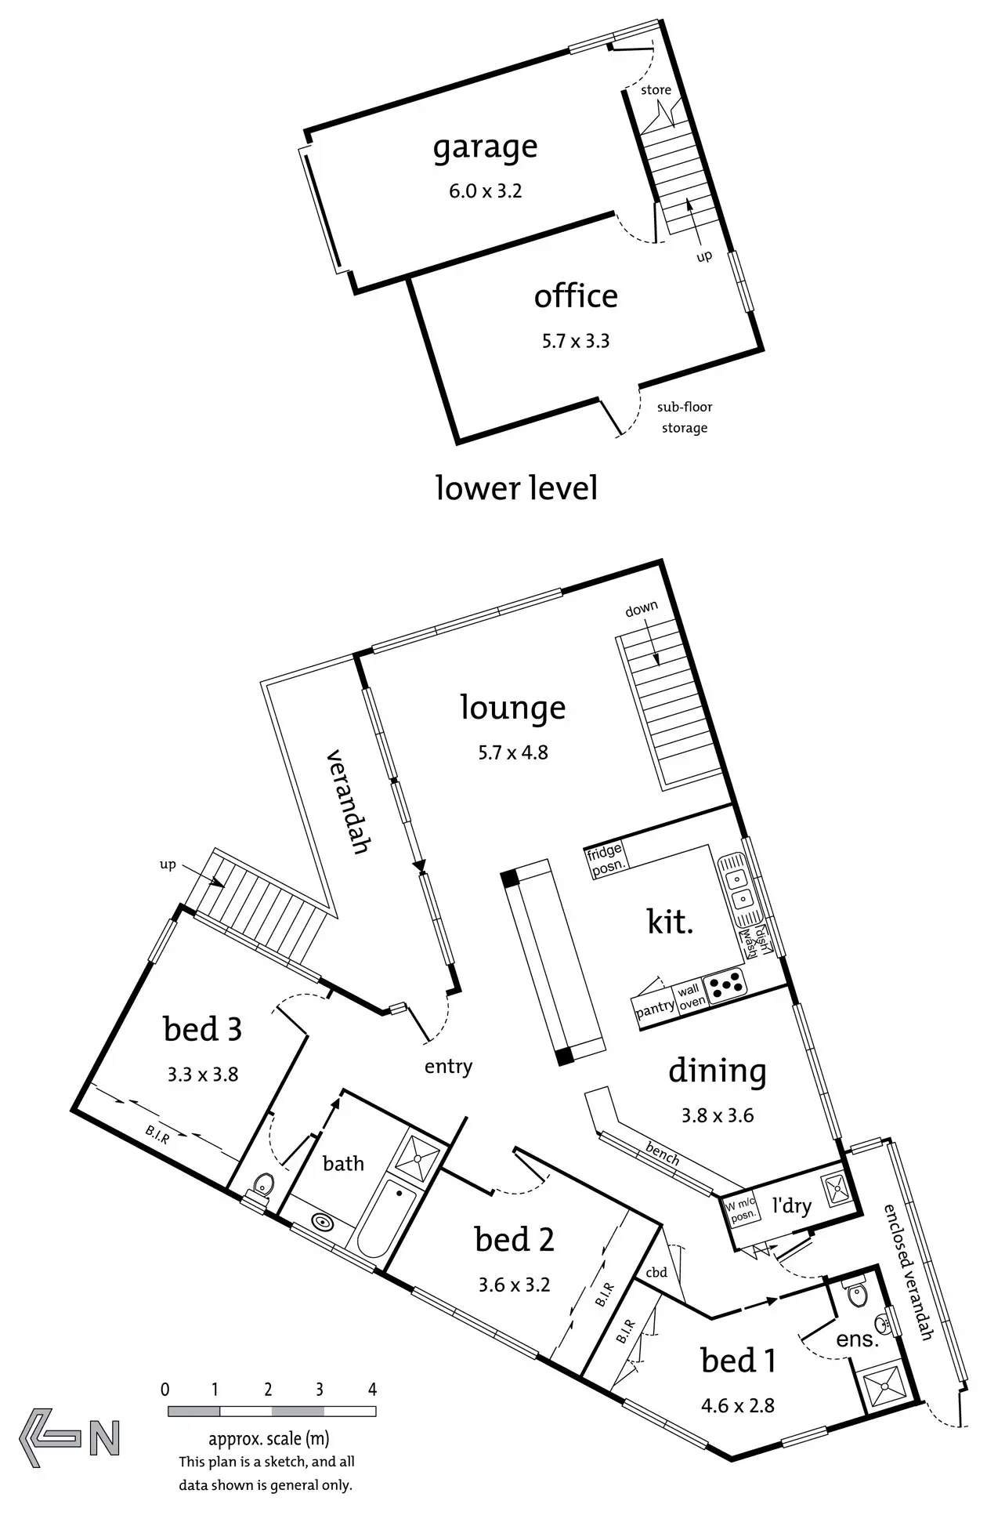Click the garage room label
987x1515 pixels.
click(485, 147)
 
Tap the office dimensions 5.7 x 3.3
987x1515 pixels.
click(576, 341)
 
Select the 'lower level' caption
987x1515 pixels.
click(516, 487)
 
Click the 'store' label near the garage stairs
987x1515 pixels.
click(656, 90)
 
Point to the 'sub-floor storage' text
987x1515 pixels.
click(685, 418)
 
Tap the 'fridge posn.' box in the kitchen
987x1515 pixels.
click(605, 858)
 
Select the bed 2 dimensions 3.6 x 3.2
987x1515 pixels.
click(514, 1285)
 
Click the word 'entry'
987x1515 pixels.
click(448, 1066)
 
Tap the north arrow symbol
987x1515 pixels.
click(70, 1437)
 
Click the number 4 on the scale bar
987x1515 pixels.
click(372, 1390)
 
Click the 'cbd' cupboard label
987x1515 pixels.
click(656, 1272)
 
